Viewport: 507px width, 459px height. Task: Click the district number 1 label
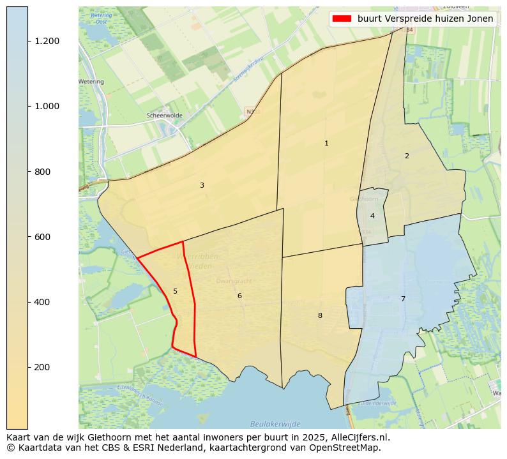(326, 144)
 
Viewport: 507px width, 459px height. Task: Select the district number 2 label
(407, 156)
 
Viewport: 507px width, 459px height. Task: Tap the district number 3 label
(202, 186)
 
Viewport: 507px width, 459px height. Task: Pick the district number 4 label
(372, 216)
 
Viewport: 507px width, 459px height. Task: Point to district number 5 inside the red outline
(175, 292)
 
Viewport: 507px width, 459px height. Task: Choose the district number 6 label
(239, 296)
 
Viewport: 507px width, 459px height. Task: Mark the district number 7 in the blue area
(403, 299)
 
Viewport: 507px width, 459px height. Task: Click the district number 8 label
(320, 316)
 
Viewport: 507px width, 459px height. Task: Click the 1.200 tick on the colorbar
(47, 41)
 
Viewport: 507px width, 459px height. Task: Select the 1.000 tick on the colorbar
(47, 106)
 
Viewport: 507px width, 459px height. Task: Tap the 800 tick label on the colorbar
(43, 172)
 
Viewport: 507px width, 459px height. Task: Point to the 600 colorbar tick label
(43, 237)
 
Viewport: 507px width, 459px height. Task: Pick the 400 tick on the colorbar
(43, 302)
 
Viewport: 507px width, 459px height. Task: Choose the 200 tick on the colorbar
(43, 367)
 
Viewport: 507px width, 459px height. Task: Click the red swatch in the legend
(341, 19)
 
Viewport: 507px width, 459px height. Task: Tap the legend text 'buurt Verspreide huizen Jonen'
(425, 19)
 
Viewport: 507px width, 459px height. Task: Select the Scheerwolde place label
(164, 116)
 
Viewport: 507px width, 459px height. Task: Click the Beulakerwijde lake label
(275, 424)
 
